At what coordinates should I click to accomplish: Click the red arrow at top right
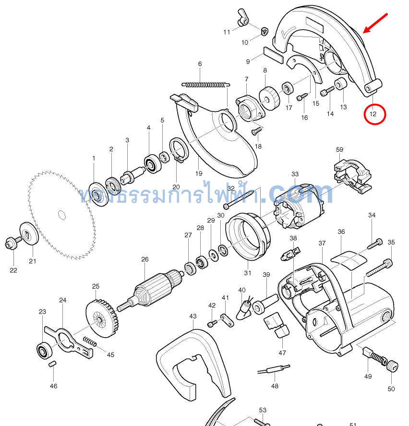coord(375,24)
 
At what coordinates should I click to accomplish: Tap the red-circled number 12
coord(373,114)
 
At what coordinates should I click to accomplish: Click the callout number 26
coord(145,259)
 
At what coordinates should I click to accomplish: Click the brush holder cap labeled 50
coord(393,366)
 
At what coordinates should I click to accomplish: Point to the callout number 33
coord(295,174)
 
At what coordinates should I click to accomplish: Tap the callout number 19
coord(199,173)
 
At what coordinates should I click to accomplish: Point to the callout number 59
coord(340,150)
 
